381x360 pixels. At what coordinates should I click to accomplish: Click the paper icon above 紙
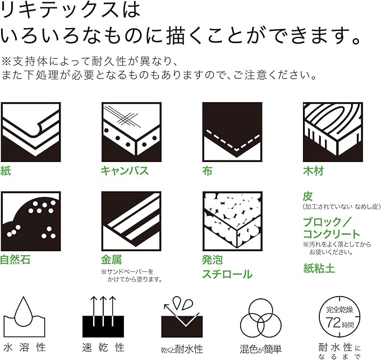click(31, 132)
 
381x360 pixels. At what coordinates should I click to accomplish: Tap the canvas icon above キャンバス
click(131, 132)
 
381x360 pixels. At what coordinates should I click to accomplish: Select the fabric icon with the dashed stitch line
click(232, 132)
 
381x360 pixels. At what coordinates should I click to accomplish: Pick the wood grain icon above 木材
click(333, 132)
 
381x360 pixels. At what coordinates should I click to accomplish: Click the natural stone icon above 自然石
click(31, 221)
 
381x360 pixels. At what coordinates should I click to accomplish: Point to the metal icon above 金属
click(131, 221)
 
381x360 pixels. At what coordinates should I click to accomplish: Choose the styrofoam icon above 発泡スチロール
click(232, 221)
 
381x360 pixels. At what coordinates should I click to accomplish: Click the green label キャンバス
click(125, 170)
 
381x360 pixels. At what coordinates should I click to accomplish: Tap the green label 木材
click(314, 171)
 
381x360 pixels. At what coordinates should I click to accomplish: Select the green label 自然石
click(15, 260)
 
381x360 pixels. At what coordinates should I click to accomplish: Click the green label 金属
click(112, 260)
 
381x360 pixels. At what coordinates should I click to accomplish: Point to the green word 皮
click(308, 196)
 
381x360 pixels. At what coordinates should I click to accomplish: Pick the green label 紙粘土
click(319, 268)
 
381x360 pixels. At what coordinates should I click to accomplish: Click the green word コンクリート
click(332, 234)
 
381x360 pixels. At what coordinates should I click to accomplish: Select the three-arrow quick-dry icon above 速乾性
click(103, 317)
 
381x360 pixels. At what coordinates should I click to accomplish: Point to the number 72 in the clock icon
click(333, 323)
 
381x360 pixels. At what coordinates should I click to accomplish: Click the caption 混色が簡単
click(261, 349)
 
